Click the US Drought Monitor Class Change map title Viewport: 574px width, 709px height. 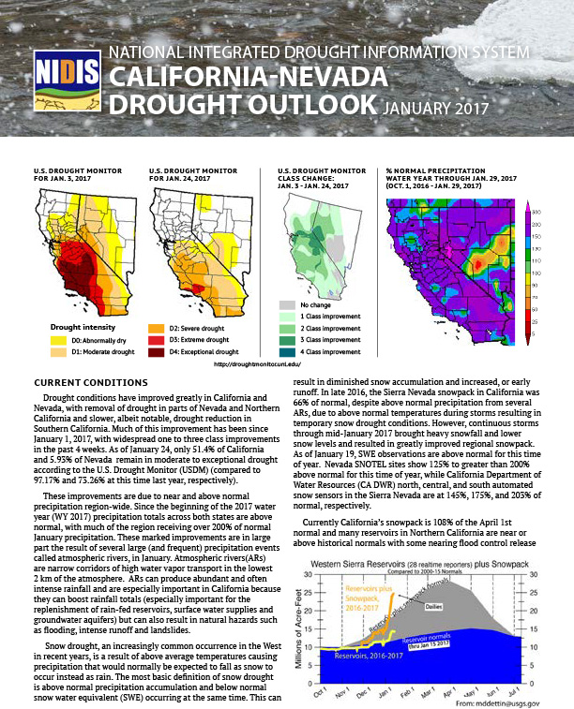pos(322,176)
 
